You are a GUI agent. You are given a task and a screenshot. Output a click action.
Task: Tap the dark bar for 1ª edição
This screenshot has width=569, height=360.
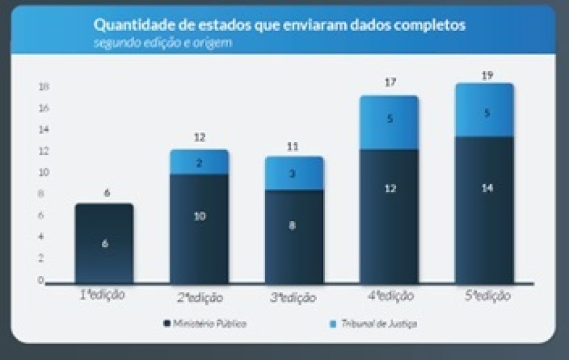(104, 243)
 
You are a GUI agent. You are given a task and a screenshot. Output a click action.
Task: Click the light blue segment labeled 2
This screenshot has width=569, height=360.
(199, 162)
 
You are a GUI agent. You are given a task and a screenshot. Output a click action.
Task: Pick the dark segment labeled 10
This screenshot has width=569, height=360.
(199, 227)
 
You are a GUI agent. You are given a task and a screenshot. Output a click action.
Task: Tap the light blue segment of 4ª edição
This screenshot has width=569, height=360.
(390, 122)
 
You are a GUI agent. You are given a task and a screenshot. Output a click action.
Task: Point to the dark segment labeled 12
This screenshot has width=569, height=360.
(390, 216)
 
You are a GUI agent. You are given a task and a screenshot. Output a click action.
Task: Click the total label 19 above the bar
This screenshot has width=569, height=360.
(486, 75)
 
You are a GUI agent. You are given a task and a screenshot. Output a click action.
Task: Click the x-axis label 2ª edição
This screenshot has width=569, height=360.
(200, 297)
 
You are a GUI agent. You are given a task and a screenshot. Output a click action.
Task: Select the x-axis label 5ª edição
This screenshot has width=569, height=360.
(487, 296)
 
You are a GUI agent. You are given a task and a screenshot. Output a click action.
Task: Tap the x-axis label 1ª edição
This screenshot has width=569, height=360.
(102, 296)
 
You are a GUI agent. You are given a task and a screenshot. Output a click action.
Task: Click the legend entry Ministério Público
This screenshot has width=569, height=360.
(205, 324)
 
